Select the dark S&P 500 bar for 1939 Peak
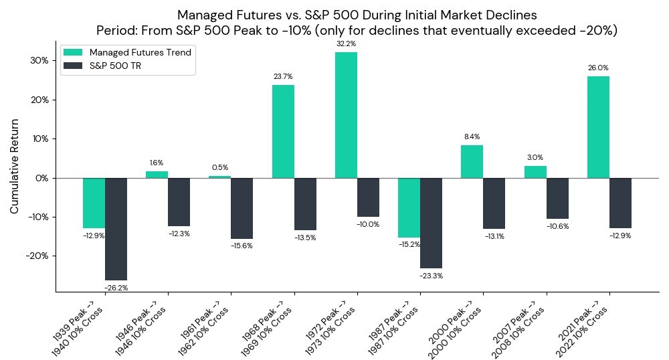[x=116, y=229]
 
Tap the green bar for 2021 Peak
[x=598, y=127]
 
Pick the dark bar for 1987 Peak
[x=432, y=223]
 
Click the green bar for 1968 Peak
[x=283, y=131]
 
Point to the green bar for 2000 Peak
[x=472, y=161]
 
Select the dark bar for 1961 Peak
[x=242, y=208]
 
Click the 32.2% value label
[x=346, y=43]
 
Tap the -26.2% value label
[x=116, y=288]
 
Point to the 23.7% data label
[x=283, y=76]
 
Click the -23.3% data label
[x=432, y=276]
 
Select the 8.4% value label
[x=472, y=137]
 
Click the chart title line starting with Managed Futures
[x=357, y=15]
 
